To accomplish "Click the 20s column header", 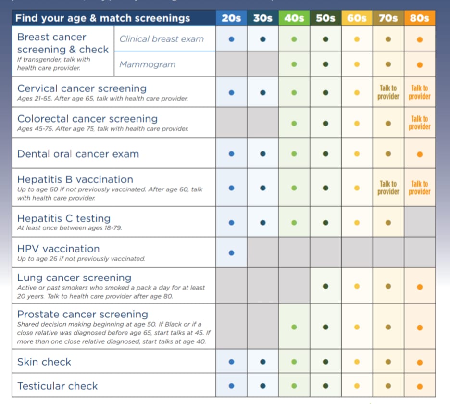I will tap(231, 19).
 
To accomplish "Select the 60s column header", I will tap(357, 19).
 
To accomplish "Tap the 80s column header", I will tap(420, 19).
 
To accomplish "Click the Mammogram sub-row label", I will tap(147, 64).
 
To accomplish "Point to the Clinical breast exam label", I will tap(162, 39).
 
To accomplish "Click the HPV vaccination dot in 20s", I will tap(231, 252).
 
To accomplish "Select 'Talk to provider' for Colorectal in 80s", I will tap(420, 123).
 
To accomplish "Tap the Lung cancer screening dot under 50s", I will tap(325, 286).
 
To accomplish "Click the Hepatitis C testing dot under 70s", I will tap(388, 223).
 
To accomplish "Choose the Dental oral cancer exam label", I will tap(78, 154).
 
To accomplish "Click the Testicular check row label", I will tap(57, 386).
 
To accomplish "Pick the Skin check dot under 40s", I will tap(294, 362).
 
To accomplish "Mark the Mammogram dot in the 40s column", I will tap(294, 64).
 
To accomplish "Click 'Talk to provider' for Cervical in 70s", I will tap(388, 92).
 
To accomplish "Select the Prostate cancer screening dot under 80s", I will tap(420, 328).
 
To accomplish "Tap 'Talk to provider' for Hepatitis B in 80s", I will tap(420, 188).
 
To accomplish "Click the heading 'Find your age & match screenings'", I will tap(102, 19).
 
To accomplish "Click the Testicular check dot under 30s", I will tap(262, 386).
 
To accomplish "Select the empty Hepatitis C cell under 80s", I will tap(420, 222).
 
